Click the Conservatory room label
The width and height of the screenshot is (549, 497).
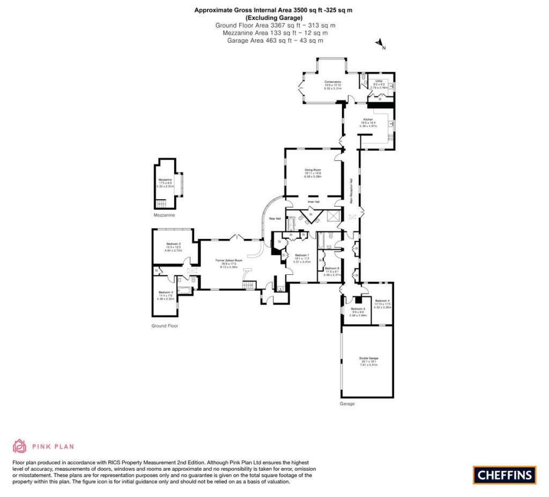[x=332, y=82]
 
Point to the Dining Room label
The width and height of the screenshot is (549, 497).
[x=313, y=170]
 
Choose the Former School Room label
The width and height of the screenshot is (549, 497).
[x=229, y=260]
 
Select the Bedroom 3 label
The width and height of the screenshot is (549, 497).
[x=165, y=292]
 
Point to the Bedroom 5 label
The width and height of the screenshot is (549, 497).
[x=358, y=309]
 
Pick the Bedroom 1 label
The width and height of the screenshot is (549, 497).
[x=302, y=255]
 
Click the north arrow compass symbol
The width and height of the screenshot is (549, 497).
[x=380, y=43]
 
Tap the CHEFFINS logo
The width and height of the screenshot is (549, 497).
[x=504, y=474]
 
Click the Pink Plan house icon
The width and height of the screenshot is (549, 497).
[x=19, y=446]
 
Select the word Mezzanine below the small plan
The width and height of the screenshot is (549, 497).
[x=164, y=215]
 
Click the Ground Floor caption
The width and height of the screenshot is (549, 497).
[x=164, y=326]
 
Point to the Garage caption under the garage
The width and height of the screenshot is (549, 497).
[x=347, y=404]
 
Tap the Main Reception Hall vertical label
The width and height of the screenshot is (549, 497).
[x=350, y=190]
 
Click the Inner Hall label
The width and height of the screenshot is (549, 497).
[x=313, y=202]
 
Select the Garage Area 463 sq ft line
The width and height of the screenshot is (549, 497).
[x=275, y=40]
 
